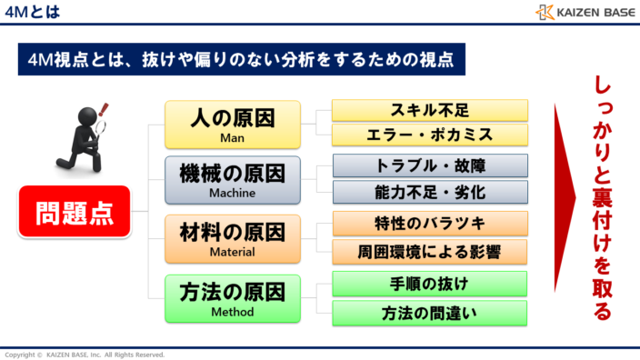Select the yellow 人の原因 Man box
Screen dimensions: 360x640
pyautogui.click(x=232, y=125)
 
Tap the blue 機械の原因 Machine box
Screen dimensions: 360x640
pyautogui.click(x=232, y=179)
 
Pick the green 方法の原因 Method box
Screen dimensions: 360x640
pyautogui.click(x=232, y=297)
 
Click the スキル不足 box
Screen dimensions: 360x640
pyautogui.click(x=429, y=111)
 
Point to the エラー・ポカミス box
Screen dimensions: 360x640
pyautogui.click(x=429, y=135)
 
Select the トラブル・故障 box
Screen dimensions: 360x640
pyautogui.click(x=429, y=166)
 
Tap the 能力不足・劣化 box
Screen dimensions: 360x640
pyautogui.click(x=429, y=191)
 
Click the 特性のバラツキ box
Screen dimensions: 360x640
pyautogui.click(x=429, y=223)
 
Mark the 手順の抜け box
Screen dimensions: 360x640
pyautogui.click(x=429, y=283)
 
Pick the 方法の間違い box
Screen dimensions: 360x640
pyautogui.click(x=429, y=313)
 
